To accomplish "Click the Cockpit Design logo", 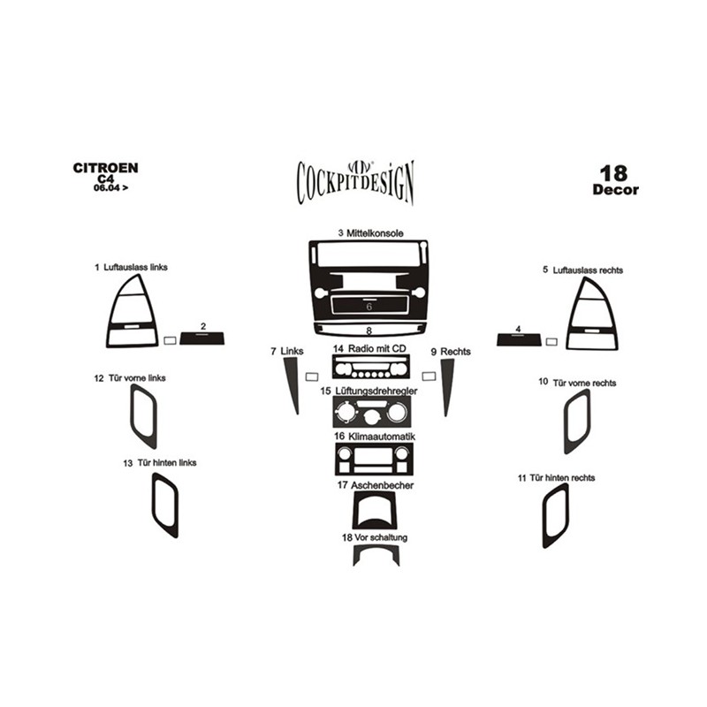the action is (355, 183).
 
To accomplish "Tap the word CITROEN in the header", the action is (105, 168).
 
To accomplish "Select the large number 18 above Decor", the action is (613, 173).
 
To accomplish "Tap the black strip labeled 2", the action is (202, 338).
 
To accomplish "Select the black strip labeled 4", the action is (519, 339).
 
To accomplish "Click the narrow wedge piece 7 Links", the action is (292, 379).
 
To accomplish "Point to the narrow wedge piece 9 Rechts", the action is (447, 384).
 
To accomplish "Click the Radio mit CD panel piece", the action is (371, 366).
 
